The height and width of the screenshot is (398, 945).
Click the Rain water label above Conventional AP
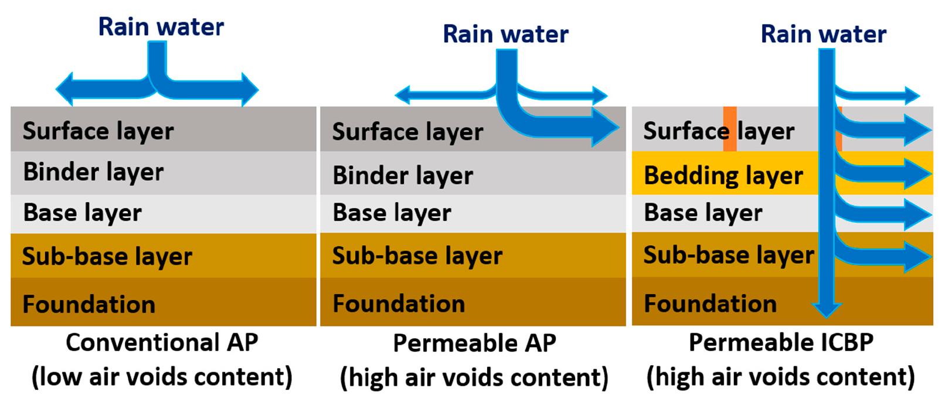(161, 27)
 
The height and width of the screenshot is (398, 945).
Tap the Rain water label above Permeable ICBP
(823, 34)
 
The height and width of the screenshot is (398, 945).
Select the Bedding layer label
(723, 175)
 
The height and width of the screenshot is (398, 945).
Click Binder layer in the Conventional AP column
(93, 172)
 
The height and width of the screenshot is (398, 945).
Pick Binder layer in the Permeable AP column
(403, 175)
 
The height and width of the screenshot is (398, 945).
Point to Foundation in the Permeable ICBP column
(710, 304)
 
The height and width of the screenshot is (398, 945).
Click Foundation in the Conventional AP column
(89, 304)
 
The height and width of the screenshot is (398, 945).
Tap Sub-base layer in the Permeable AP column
(417, 256)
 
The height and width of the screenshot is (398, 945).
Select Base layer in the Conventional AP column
(82, 213)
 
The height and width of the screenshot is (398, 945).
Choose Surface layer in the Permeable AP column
(407, 131)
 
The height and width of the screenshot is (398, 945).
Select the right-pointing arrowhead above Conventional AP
(249, 90)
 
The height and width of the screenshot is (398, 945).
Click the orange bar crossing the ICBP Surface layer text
(730, 130)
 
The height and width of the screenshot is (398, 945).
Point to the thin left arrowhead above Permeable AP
(402, 94)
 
